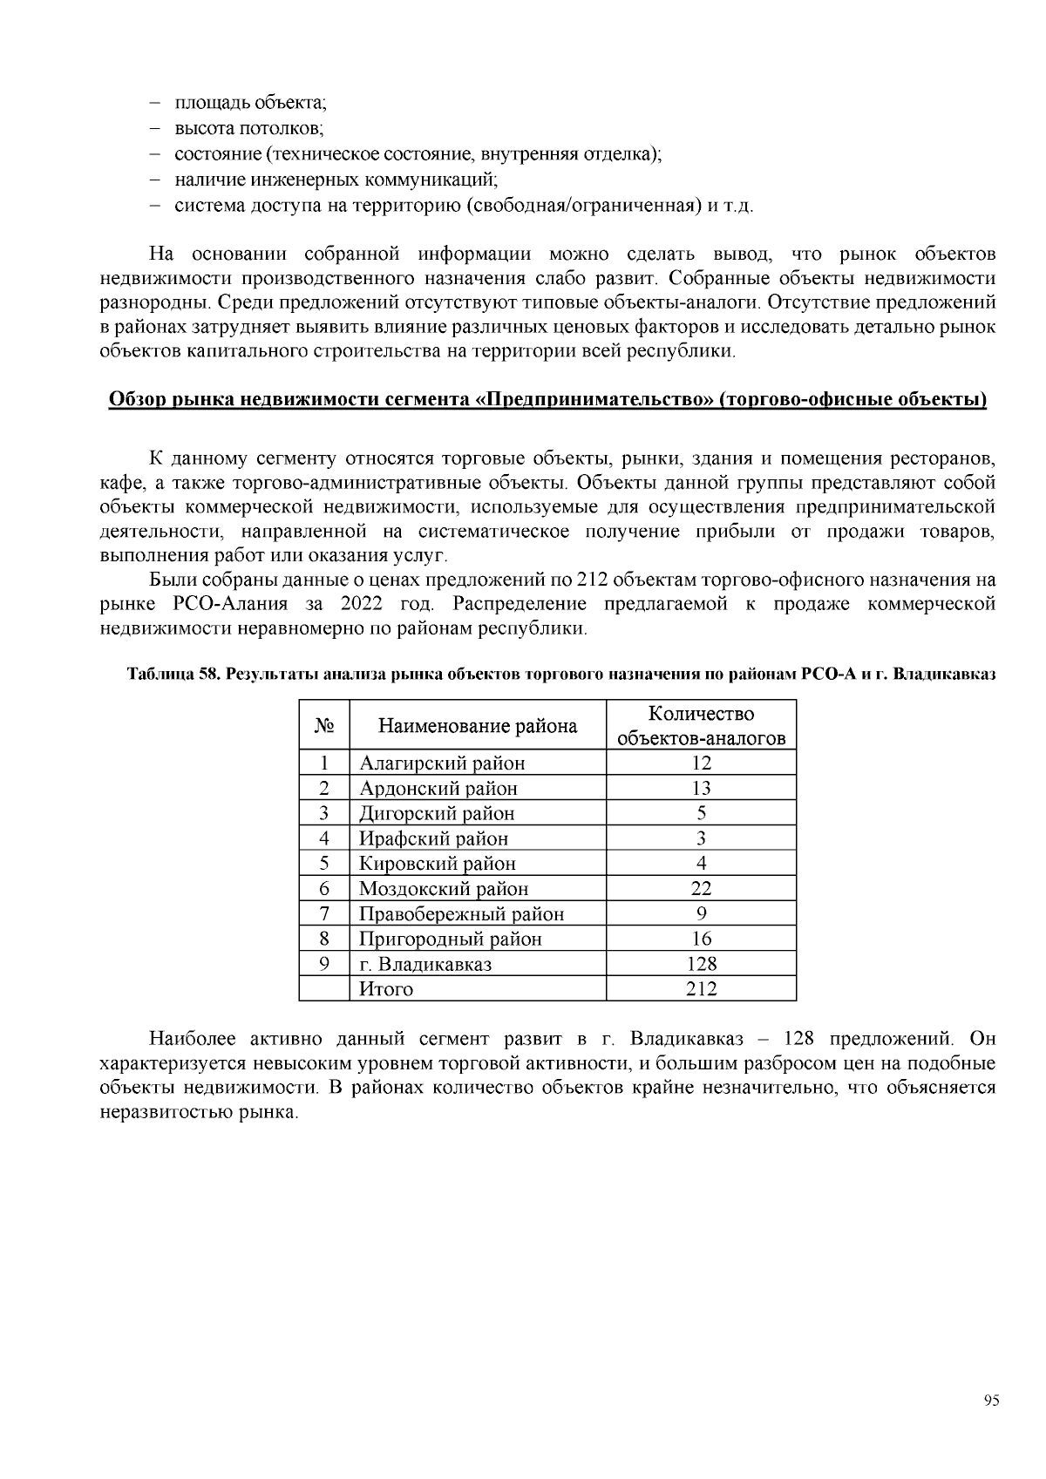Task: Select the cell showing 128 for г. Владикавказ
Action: point(701,964)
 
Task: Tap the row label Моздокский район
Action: point(444,889)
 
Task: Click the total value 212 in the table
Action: point(701,989)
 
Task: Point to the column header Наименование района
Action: point(477,726)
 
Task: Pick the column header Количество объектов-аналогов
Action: point(701,726)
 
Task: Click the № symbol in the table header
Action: point(323,726)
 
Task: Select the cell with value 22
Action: point(701,889)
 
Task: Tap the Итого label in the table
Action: point(386,989)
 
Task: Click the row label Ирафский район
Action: point(433,838)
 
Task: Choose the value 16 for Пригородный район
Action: point(701,939)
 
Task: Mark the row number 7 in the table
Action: point(323,913)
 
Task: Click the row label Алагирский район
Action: point(442,763)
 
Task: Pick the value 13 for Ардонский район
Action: point(701,789)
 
